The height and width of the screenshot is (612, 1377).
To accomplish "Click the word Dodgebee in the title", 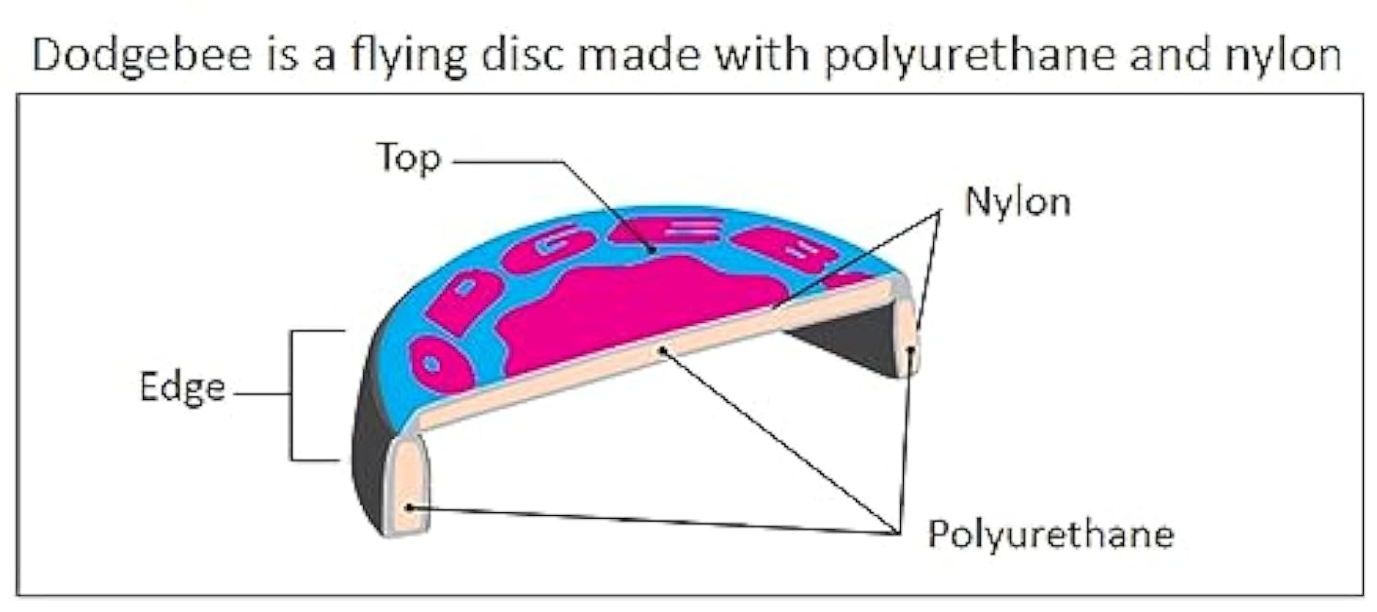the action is coord(141,56).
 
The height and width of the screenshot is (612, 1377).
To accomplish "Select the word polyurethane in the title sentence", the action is coord(970,56).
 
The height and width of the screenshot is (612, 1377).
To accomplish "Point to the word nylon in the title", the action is coord(1284,56).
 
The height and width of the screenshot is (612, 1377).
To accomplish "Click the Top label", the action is coord(409,158).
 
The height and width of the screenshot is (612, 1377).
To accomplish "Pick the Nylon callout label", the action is coord(1018,201).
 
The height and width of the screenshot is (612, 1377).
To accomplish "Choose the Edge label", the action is coord(182,388).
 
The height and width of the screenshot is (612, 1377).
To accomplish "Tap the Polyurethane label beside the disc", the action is coord(1051,534).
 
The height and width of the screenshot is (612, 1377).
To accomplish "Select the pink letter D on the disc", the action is coord(464,300).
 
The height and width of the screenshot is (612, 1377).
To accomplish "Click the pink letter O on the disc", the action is coord(441,365).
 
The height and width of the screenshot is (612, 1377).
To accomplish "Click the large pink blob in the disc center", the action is coord(640,313).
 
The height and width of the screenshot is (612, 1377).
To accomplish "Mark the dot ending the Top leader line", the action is coord(652,250).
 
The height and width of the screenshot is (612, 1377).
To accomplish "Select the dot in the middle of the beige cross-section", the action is coord(662,350).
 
